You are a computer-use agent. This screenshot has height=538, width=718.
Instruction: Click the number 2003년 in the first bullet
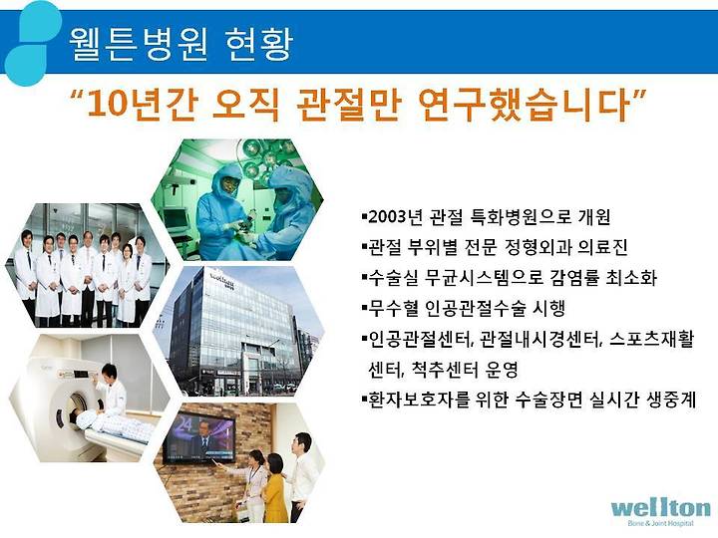click(395, 216)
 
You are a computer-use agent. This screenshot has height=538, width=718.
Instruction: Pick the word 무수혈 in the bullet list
click(394, 308)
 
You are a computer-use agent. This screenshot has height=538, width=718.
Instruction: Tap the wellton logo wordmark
click(660, 508)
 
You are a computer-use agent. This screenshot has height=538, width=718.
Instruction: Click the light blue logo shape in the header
click(31, 44)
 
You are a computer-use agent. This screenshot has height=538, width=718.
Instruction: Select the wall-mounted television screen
click(199, 437)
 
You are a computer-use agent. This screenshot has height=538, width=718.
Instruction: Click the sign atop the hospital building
click(222, 280)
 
